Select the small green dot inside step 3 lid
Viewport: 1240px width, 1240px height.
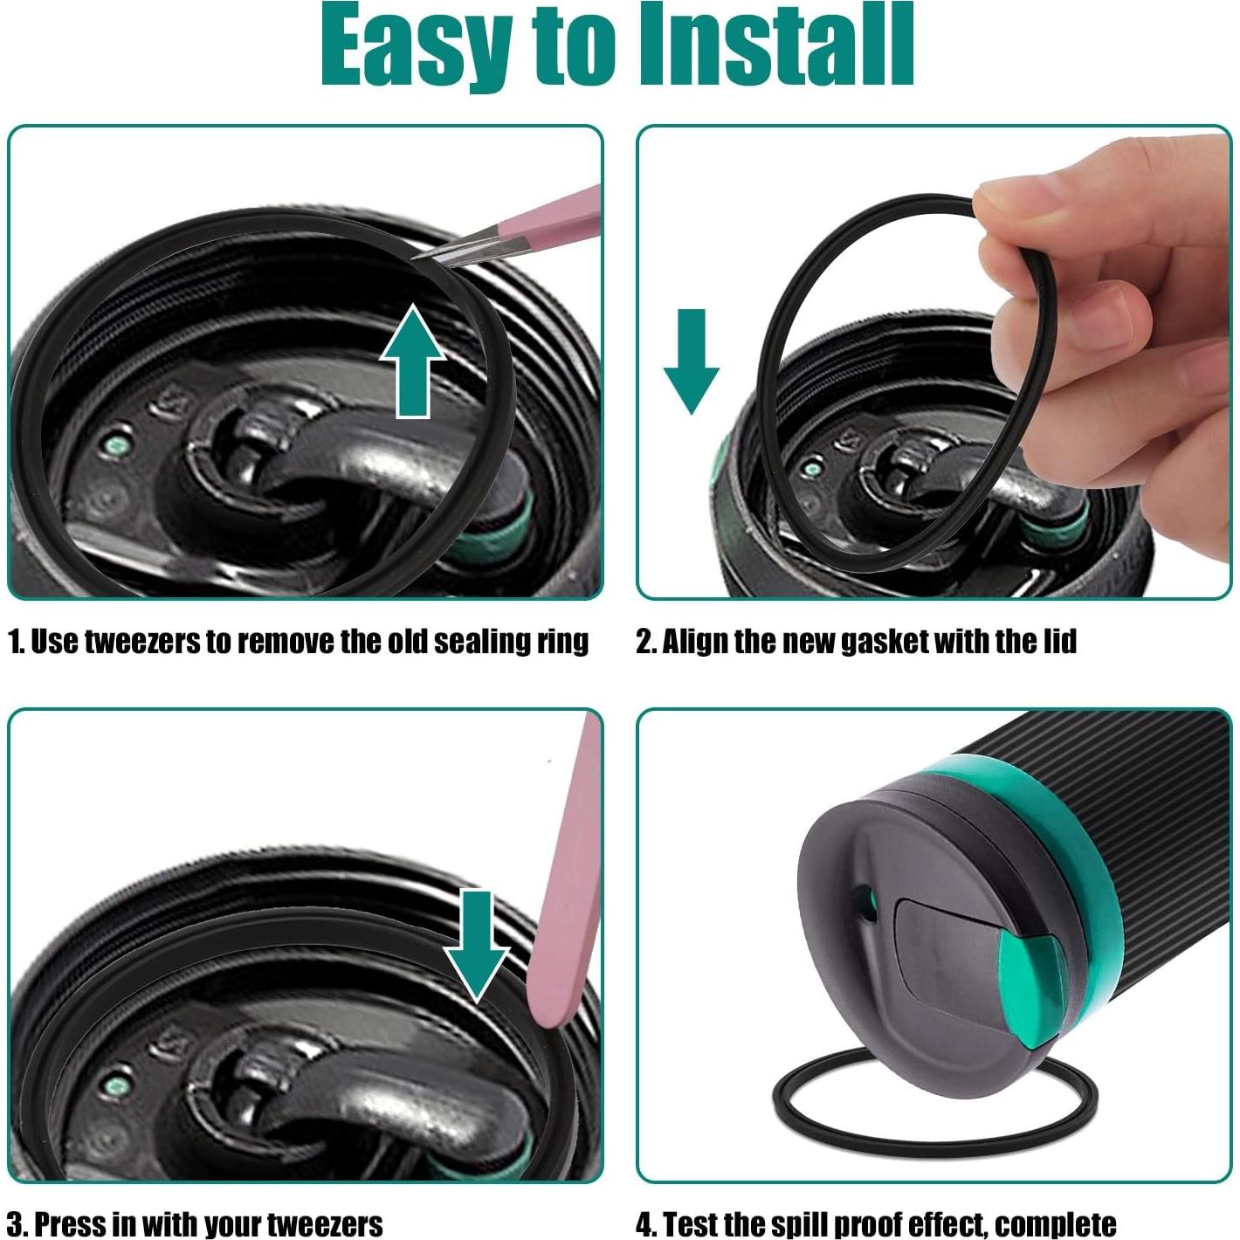114,1086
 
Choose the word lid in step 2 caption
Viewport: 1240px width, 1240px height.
1059,642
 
